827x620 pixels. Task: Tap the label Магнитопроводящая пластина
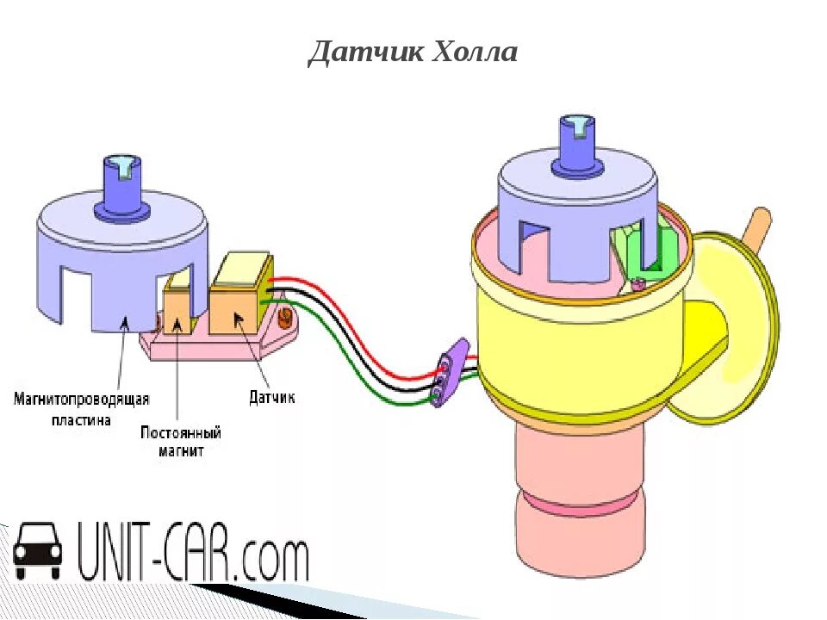[82, 410]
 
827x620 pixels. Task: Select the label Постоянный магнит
[181, 441]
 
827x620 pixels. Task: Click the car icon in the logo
[38, 551]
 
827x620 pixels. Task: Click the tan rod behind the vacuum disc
[758, 226]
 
